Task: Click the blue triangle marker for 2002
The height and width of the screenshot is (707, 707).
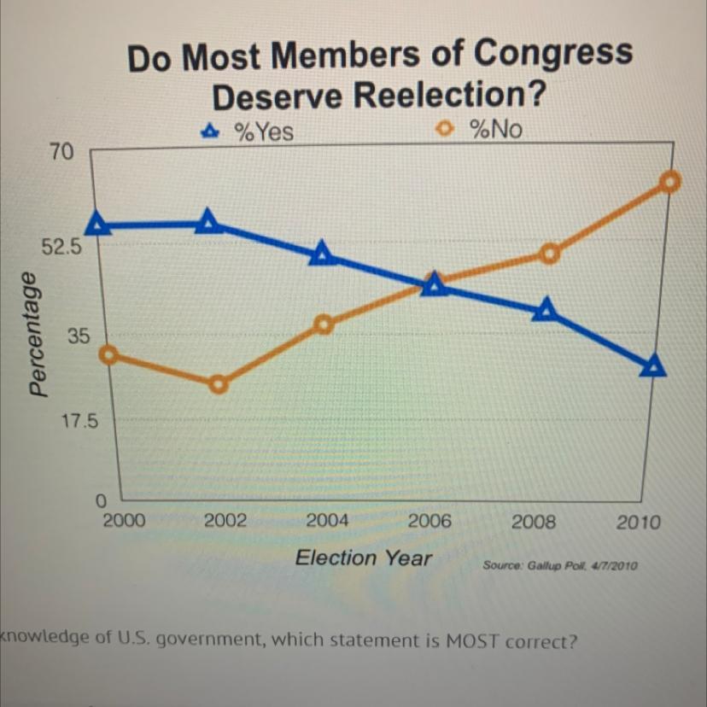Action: click(208, 222)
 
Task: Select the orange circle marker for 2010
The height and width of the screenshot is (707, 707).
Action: click(671, 181)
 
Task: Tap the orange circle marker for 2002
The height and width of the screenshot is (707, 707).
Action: click(219, 384)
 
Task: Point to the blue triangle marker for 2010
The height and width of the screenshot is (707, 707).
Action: click(653, 366)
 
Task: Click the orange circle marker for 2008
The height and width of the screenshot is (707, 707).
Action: click(550, 254)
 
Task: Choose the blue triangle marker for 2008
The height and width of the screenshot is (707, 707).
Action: click(545, 311)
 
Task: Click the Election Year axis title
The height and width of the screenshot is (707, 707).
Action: click(363, 558)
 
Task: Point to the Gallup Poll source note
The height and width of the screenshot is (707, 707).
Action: click(560, 566)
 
